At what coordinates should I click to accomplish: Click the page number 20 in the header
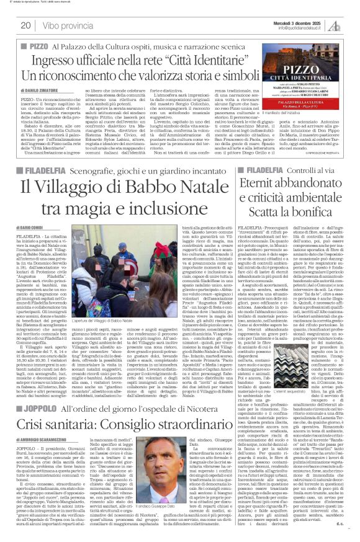25,25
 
